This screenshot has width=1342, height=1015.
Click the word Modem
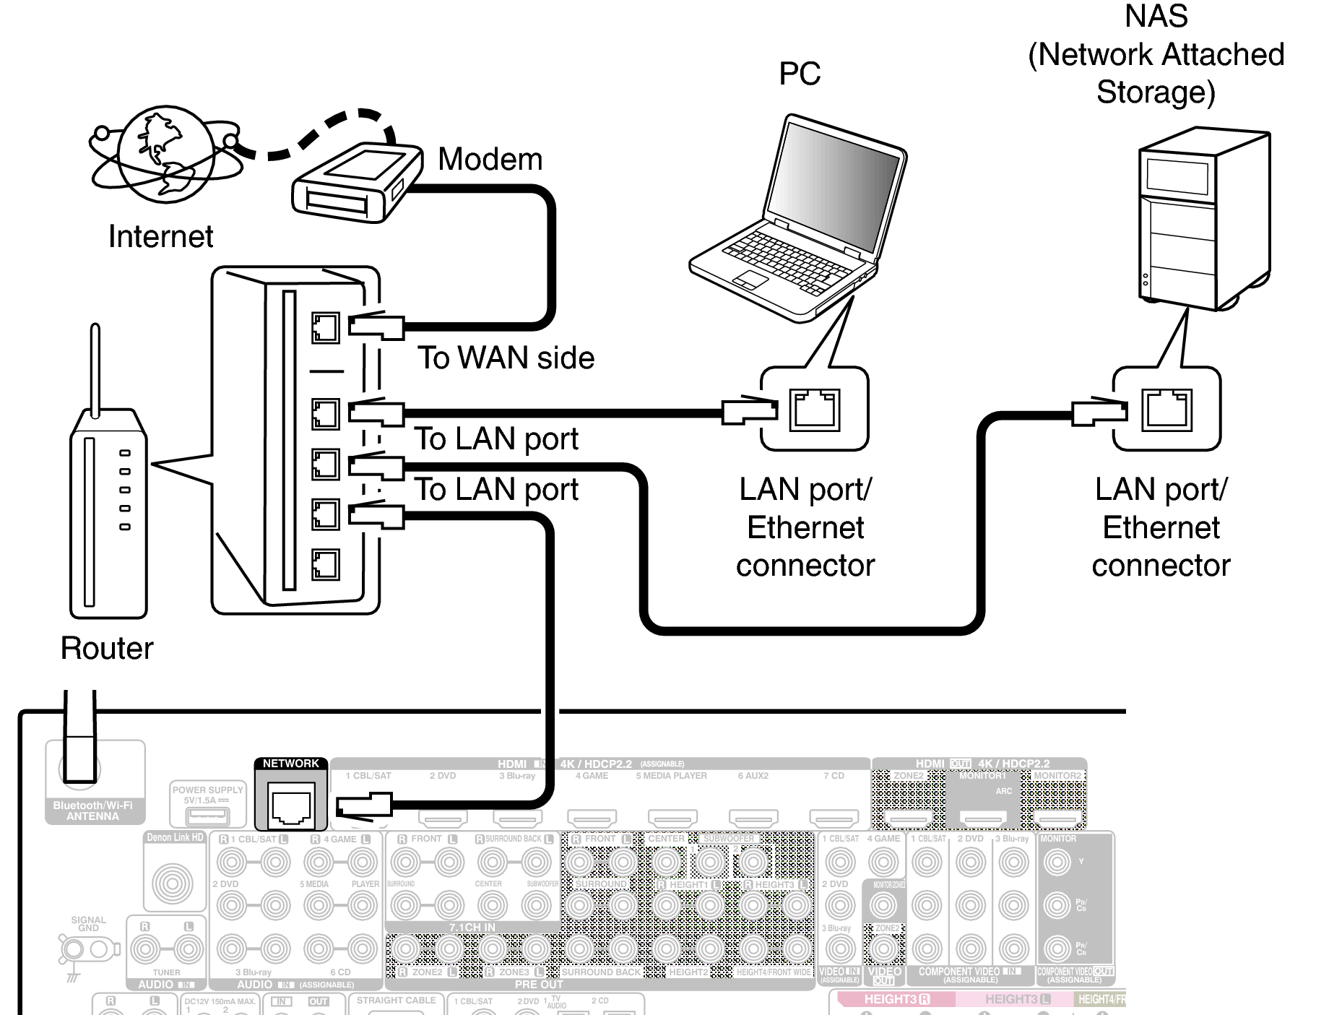point(490,160)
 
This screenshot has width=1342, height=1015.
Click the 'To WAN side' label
point(506,358)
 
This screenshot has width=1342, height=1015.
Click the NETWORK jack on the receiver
point(290,805)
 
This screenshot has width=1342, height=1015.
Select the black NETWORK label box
point(290,764)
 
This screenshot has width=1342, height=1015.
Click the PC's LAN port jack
point(815,410)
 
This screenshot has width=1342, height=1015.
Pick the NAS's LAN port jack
point(1166,410)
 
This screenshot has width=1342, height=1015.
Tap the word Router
point(107,648)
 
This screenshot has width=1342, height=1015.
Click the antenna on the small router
point(95,368)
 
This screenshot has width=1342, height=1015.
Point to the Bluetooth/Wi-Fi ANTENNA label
point(93,811)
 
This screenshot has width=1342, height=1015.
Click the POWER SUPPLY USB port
point(207,817)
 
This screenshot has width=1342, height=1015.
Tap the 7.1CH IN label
point(472,927)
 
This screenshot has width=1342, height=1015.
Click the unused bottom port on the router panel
point(325,564)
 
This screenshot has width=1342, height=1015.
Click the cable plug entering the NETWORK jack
point(365,804)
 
